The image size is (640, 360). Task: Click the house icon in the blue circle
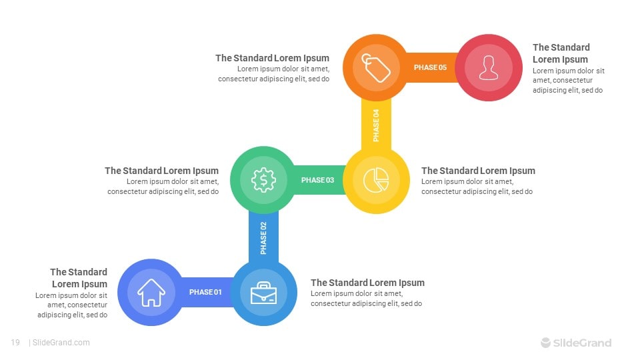point(151,292)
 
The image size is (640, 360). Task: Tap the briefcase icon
point(264,293)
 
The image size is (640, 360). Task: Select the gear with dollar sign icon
point(264,180)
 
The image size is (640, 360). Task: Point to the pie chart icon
point(376,180)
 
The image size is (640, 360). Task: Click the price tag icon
point(375,68)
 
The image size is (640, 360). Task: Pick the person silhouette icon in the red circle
point(489,68)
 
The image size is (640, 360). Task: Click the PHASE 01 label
point(205,292)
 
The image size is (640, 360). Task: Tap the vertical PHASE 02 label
point(264,238)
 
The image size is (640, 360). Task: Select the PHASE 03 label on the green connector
point(317,180)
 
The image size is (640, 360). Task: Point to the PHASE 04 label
point(376,125)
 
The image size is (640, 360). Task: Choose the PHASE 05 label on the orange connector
point(430,67)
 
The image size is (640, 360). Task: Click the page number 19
point(15,343)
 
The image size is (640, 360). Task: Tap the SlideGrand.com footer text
point(61,343)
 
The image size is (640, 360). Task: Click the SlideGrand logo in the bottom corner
point(576,343)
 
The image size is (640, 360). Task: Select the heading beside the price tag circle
point(272,58)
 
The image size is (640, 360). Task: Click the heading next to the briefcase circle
point(367,283)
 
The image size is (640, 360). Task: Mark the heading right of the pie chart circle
point(478,171)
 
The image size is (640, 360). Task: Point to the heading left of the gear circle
point(161,171)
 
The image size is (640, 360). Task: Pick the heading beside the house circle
point(79,278)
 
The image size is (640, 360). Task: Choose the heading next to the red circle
point(561,53)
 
